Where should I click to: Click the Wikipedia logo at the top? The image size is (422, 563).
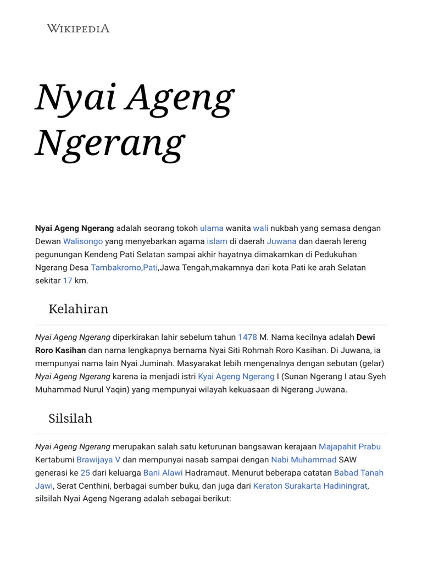click(x=78, y=28)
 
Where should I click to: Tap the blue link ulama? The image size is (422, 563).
click(x=212, y=228)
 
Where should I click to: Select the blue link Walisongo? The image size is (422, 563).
click(x=83, y=241)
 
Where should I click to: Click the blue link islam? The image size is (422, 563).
click(x=217, y=241)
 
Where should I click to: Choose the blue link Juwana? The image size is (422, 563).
click(x=281, y=241)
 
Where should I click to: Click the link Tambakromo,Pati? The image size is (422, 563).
click(x=124, y=268)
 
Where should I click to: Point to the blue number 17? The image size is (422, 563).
click(x=68, y=281)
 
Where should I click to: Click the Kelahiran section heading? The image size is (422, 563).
click(x=78, y=309)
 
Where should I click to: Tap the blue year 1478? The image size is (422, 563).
click(x=247, y=337)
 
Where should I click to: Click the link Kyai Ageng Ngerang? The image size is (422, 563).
click(x=236, y=377)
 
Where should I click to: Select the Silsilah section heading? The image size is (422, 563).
click(x=70, y=418)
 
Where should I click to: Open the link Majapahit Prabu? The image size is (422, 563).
click(x=349, y=446)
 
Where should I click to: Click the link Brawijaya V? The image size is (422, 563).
click(x=99, y=460)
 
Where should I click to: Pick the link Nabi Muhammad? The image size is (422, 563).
click(x=303, y=460)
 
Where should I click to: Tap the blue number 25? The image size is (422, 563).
click(x=85, y=473)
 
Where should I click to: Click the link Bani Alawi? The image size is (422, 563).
click(x=163, y=473)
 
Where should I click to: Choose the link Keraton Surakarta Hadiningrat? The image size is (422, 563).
click(x=310, y=486)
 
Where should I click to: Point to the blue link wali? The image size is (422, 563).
click(x=260, y=228)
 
